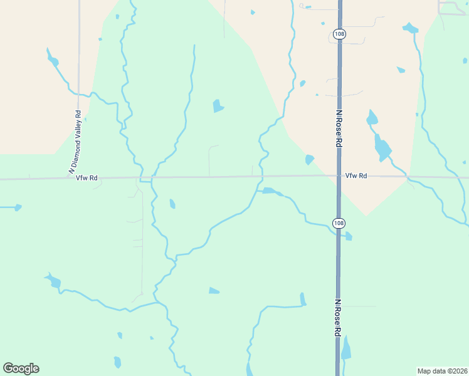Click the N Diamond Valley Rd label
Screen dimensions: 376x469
(x=75, y=142)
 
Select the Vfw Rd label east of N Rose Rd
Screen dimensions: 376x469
(x=355, y=176)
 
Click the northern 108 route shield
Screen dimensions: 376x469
(x=339, y=35)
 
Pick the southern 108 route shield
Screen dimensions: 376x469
(x=339, y=223)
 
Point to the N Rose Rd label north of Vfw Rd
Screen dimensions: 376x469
(x=339, y=129)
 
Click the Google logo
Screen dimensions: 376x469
(x=21, y=368)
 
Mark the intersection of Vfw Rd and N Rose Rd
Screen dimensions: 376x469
(x=339, y=177)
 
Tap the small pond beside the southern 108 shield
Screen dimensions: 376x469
(x=348, y=236)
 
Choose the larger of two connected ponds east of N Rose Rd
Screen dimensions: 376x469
(x=382, y=148)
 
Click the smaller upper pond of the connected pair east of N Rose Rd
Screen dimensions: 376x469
(x=372, y=117)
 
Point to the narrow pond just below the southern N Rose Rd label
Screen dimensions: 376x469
(x=346, y=348)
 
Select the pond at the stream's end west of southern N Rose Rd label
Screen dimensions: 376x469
(x=302, y=299)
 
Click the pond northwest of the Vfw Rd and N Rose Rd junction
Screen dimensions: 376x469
(x=309, y=160)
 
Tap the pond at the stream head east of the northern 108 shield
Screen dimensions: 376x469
(x=410, y=28)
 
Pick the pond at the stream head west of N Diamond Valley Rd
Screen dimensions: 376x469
(x=53, y=61)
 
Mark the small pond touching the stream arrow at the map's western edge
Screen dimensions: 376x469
(x=18, y=207)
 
